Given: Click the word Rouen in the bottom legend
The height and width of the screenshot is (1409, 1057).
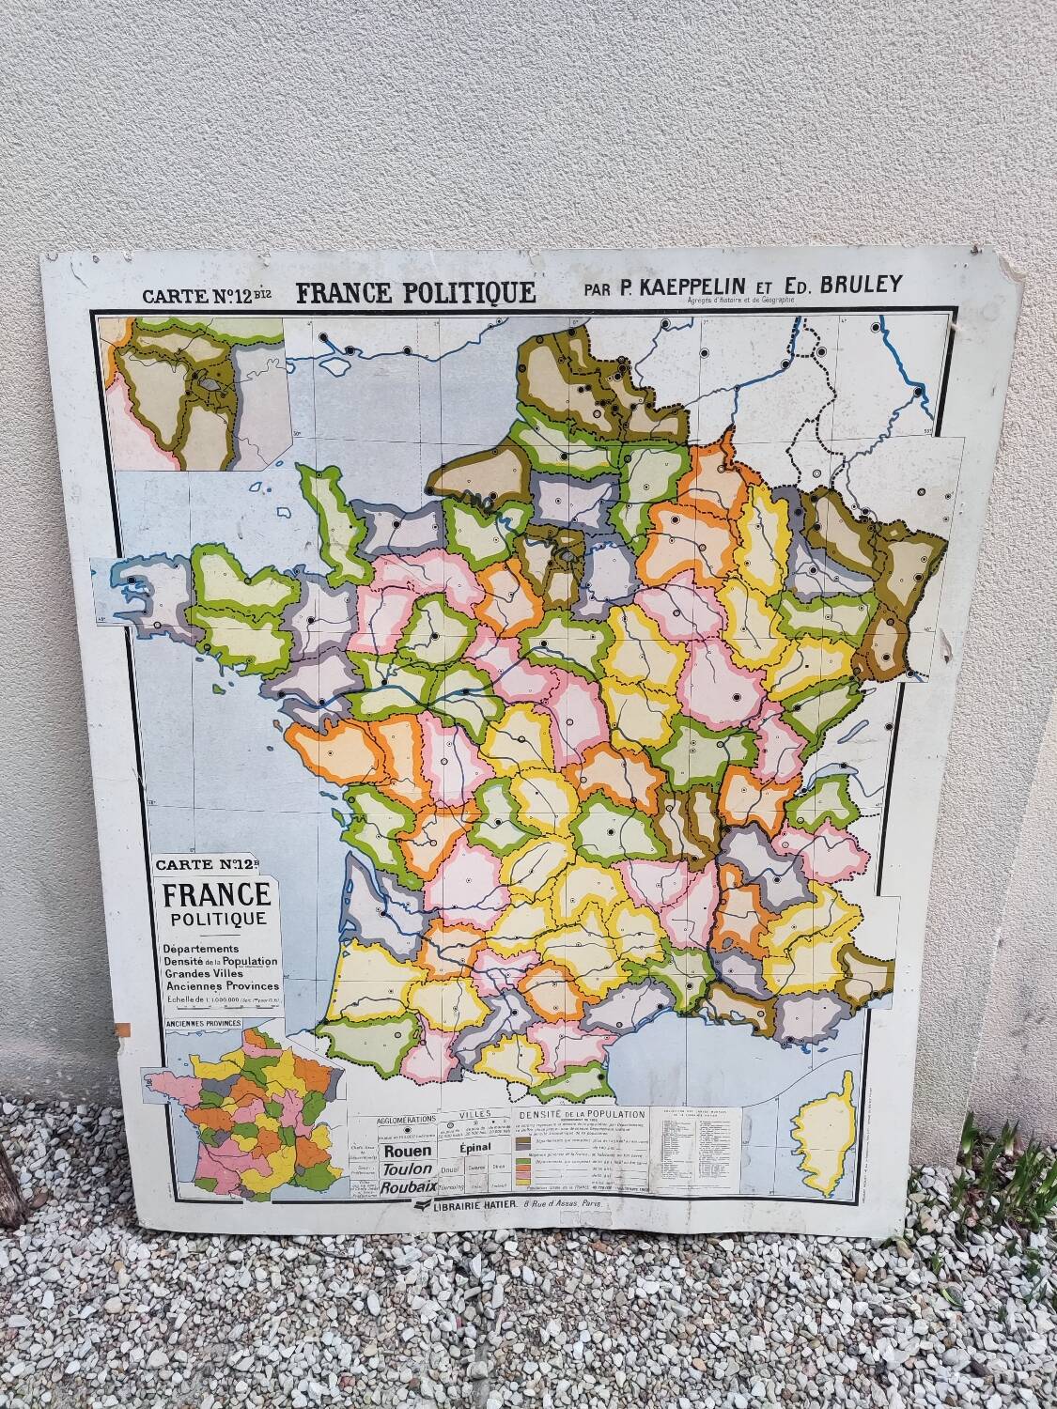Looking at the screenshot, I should click(408, 1150).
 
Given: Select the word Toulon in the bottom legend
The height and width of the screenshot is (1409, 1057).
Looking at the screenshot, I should click(408, 1169).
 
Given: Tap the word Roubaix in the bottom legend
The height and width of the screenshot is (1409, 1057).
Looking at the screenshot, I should click(406, 1188).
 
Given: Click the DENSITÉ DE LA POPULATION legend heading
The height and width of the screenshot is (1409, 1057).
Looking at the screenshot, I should click(583, 1113).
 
